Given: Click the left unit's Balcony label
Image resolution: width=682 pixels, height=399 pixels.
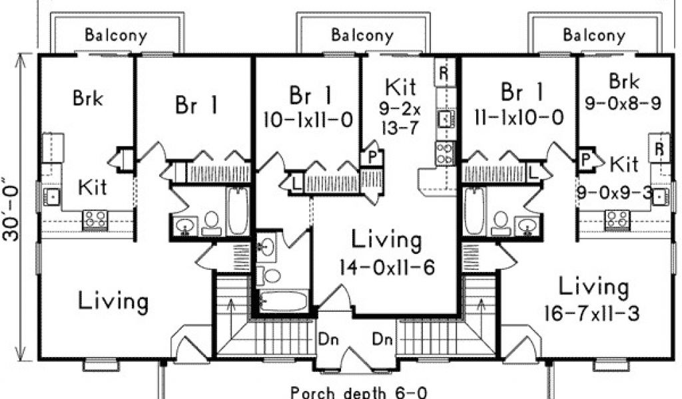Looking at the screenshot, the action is point(116,35).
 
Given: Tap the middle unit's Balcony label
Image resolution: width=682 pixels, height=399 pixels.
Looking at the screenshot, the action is point(362,35).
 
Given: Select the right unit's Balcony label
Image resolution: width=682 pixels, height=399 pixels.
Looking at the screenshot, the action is point(594,35).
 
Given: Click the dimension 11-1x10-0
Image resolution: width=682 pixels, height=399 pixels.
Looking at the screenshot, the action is point(519,117).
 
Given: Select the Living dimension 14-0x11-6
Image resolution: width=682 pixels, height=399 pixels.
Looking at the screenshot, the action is point(387,267).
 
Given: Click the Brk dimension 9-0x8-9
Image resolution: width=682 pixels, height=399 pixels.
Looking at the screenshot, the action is point(623,103).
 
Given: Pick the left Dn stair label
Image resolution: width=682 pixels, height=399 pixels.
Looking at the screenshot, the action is point(328,339).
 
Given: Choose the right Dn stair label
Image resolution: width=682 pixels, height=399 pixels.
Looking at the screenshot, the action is point(382,339).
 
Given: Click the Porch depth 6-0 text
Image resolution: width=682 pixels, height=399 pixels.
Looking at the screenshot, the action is point(358,392).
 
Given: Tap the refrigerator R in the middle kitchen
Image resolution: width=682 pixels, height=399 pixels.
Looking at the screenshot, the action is point(444,73).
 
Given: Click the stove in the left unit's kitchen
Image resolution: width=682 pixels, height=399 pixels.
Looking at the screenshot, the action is point(95,219).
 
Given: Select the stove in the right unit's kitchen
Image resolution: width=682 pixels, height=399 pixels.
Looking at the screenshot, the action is point(617,219).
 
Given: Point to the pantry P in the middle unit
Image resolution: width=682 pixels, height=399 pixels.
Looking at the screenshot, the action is point(372,158).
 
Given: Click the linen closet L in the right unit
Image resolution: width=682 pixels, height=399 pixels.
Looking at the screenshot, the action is point(533,172).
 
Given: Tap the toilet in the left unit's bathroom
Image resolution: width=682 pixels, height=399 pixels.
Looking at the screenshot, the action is point(211,223).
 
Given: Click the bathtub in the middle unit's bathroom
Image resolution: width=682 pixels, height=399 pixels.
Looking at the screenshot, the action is point(283,301).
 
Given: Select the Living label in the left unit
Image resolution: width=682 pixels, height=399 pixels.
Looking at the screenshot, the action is point(113,301).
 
